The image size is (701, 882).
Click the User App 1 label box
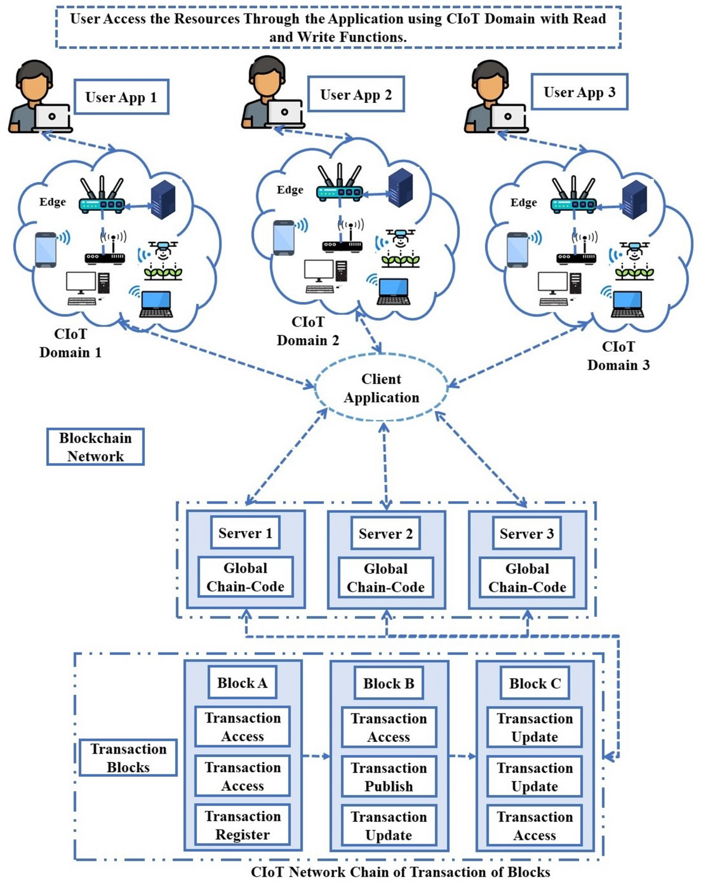(121, 97)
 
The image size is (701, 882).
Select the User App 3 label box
(579, 92)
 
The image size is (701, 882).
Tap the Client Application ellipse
(381, 388)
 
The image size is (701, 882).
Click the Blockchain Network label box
(95, 447)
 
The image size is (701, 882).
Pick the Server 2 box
(386, 533)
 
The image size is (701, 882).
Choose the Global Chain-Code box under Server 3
(527, 578)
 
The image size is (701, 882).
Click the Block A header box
(242, 683)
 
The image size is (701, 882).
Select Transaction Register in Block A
(242, 825)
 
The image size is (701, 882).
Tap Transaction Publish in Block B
(388, 777)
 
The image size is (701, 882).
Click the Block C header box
(535, 683)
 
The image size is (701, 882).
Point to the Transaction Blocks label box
(128, 758)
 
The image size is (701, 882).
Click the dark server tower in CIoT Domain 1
(163, 200)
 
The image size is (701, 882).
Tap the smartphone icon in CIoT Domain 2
(284, 238)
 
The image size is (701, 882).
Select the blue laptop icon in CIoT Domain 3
(627, 303)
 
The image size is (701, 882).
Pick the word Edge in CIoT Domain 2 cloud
(290, 190)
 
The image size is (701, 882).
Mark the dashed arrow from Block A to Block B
(316, 756)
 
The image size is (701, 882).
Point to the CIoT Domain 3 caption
(618, 356)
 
